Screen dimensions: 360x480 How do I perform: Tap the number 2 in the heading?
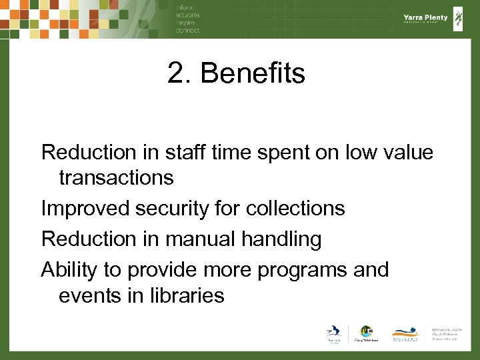point(175,73)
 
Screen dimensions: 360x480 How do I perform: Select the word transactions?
point(116,178)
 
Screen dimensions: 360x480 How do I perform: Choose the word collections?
point(295,209)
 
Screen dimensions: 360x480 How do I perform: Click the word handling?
point(279,239)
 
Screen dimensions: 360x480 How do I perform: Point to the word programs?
point(295,270)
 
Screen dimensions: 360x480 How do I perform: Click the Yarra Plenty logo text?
point(425,18)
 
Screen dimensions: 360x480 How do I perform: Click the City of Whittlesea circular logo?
point(366,331)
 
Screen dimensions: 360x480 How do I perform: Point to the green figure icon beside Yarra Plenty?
point(459,18)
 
